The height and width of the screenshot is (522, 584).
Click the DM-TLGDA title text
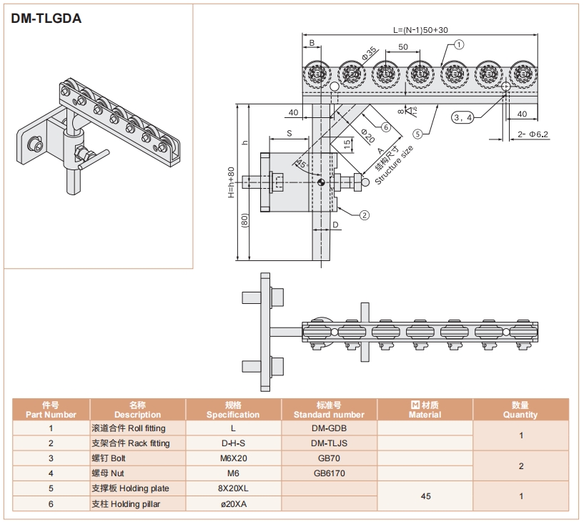point(46,19)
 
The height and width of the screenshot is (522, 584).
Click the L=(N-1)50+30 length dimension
point(420,29)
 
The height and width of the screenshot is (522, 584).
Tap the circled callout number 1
point(459,44)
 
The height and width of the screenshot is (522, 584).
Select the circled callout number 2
point(364,214)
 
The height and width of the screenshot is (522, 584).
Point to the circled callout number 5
point(417,132)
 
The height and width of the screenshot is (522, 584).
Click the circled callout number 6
point(385,127)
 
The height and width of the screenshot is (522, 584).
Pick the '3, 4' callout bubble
point(462,117)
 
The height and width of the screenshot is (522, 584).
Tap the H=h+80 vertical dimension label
point(232,183)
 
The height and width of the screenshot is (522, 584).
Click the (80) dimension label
point(244,222)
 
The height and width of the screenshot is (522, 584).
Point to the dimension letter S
point(289,133)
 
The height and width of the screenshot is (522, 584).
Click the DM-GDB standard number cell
point(330,428)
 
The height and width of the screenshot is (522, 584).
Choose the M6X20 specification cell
point(233,458)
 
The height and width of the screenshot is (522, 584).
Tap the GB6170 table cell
point(330,473)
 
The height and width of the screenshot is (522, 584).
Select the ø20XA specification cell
point(233,503)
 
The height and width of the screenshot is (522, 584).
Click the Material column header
point(425,410)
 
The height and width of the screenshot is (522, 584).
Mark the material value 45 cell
point(425,496)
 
